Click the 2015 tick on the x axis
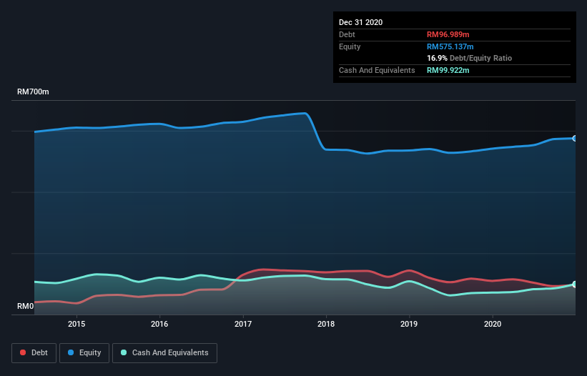pyautogui.click(x=77, y=324)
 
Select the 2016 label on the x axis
pyautogui.click(x=159, y=324)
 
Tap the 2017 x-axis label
pyautogui.click(x=243, y=324)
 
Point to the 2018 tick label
pyautogui.click(x=326, y=324)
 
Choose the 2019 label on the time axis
pyautogui.click(x=410, y=324)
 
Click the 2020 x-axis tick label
pyautogui.click(x=493, y=324)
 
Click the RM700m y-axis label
pyautogui.click(x=33, y=92)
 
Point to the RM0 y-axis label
pyautogui.click(x=25, y=307)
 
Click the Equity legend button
pyautogui.click(x=84, y=352)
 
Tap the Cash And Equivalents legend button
pyautogui.click(x=164, y=352)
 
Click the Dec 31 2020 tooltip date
pyautogui.click(x=360, y=22)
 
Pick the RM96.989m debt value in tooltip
pyautogui.click(x=448, y=34)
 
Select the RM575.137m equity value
pyautogui.click(x=450, y=46)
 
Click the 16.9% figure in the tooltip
pyautogui.click(x=437, y=58)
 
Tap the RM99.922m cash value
pyautogui.click(x=448, y=70)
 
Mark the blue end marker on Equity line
pyautogui.click(x=575, y=138)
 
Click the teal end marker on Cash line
pyautogui.click(x=575, y=285)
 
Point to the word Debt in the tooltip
pyautogui.click(x=347, y=34)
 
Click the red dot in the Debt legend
pyautogui.click(x=24, y=352)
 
